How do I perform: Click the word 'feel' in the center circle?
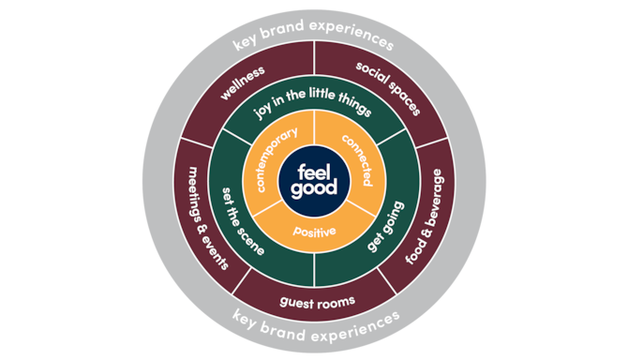313,172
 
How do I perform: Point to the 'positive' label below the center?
313,231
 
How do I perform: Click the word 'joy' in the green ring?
265,118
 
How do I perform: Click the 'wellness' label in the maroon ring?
242,83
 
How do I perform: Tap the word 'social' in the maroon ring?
369,76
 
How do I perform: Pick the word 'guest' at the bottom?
297,301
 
